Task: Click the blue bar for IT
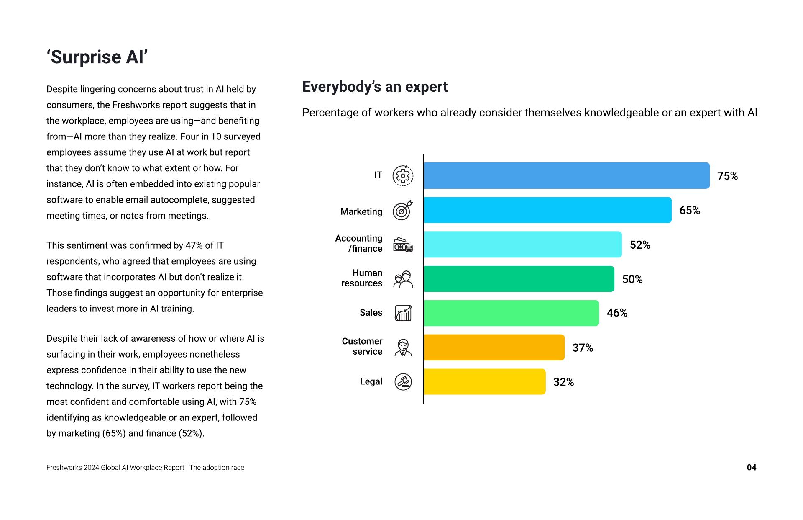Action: [x=566, y=175]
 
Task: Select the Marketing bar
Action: [x=547, y=210]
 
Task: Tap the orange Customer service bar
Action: [x=494, y=348]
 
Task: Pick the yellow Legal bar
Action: [x=484, y=381]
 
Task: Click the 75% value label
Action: [x=727, y=176]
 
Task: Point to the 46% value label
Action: [x=617, y=313]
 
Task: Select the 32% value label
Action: [x=563, y=382]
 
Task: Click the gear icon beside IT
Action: [x=403, y=176]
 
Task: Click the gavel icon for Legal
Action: [x=403, y=382]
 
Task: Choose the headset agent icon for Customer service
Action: [x=403, y=348]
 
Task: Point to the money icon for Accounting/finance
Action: [x=403, y=245]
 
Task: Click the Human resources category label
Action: [x=362, y=278]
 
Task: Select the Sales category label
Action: [x=371, y=313]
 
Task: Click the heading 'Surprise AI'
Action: [x=97, y=57]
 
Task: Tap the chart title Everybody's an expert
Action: [x=375, y=87]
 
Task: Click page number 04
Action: [x=751, y=468]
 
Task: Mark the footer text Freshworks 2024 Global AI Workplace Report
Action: [x=115, y=468]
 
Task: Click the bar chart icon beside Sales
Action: [x=403, y=313]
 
